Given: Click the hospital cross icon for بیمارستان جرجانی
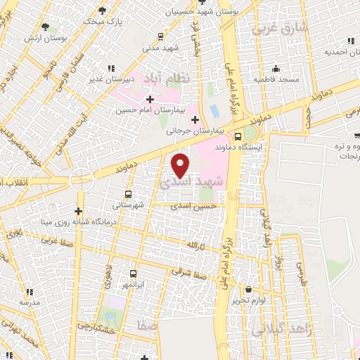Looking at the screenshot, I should (x=195, y=120).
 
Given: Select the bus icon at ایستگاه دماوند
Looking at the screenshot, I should (x=238, y=136).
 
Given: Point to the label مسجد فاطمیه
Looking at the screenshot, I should (x=276, y=79).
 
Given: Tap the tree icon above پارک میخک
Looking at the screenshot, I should (x=103, y=10).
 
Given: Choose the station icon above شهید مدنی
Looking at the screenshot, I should (x=161, y=36).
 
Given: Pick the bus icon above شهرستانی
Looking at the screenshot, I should (x=127, y=194).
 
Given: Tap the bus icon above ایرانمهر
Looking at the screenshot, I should (x=133, y=273).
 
